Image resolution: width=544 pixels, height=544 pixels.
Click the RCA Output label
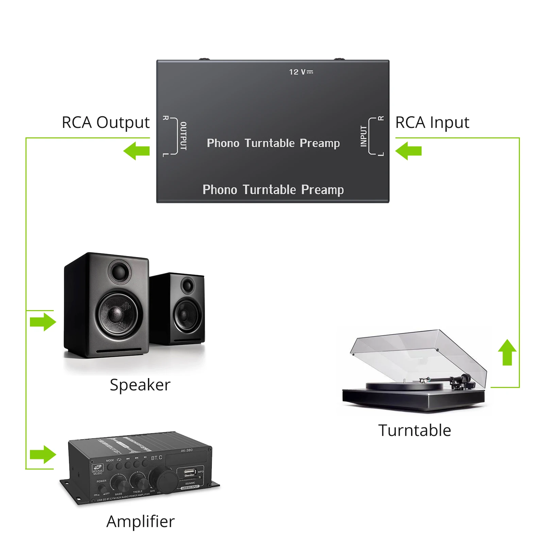pos(105,122)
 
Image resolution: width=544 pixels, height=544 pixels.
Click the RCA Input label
pos(432,122)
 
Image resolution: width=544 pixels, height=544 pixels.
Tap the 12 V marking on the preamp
pos(301,72)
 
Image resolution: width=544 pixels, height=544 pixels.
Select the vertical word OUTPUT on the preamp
pos(183,136)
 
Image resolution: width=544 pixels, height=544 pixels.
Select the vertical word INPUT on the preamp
pos(363,136)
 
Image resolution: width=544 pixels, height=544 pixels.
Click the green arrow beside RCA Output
pos(137,151)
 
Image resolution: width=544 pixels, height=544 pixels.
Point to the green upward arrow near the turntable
pos(507,353)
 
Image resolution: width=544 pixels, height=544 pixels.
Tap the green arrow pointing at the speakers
pos(43,322)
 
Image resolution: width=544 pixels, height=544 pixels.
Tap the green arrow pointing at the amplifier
pos(43,455)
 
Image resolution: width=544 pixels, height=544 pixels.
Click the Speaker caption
pos(140,385)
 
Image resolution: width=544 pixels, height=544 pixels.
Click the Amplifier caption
pos(140,521)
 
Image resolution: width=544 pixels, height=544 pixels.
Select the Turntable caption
pos(414,430)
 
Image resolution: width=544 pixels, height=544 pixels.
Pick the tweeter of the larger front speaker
pos(120,272)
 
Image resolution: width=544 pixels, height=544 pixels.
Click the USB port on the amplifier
pos(189,472)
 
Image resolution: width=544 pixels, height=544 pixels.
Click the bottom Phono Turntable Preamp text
pos(273,190)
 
